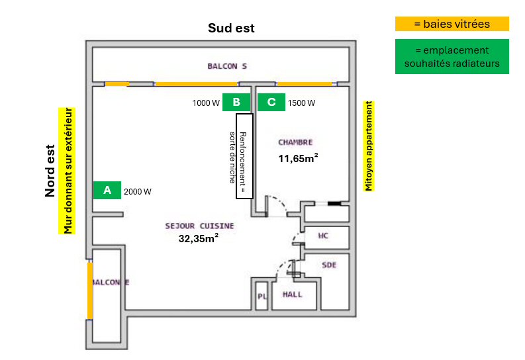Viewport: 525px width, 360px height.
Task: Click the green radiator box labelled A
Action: click(107, 190)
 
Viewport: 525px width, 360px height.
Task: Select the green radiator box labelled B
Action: click(236, 102)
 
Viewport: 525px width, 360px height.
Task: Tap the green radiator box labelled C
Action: click(270, 102)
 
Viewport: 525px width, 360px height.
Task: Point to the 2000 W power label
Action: click(138, 192)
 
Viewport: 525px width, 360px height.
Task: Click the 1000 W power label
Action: click(206, 103)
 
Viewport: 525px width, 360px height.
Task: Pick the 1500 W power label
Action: click(301, 103)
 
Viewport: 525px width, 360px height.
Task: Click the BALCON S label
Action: click(227, 66)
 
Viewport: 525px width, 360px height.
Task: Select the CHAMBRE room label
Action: click(295, 142)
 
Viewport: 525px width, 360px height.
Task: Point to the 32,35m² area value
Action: click(199, 238)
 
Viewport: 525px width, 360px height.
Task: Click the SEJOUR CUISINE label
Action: click(199, 226)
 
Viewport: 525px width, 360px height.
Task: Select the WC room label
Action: click(323, 236)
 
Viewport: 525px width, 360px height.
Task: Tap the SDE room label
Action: click(329, 265)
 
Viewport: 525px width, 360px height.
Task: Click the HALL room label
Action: click(292, 294)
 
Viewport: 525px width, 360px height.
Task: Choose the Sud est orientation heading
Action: click(231, 28)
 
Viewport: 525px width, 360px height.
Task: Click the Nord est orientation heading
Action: click(50, 171)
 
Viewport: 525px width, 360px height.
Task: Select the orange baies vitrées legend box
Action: click(452, 24)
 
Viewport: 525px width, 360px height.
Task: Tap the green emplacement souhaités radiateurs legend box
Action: click(452, 57)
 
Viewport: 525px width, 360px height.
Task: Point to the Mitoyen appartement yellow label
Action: click(369, 146)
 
